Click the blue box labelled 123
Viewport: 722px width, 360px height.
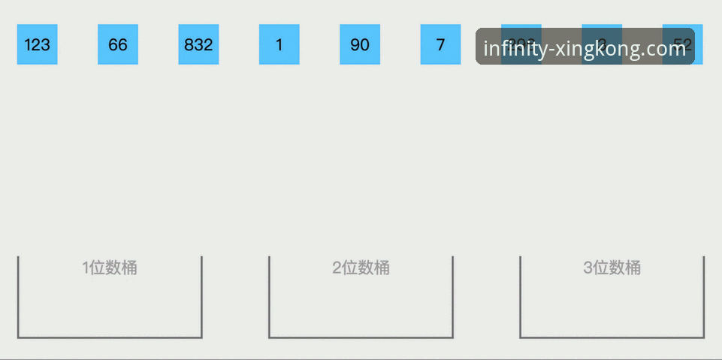(37, 44)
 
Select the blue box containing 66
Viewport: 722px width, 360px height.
(118, 44)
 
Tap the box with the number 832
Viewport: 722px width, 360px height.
(198, 44)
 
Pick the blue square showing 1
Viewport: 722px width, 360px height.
(279, 44)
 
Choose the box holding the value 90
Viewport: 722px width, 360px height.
(360, 44)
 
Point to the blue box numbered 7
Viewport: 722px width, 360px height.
(440, 44)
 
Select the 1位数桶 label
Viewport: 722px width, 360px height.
(110, 268)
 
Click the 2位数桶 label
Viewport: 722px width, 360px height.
(361, 268)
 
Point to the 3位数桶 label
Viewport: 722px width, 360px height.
(612, 268)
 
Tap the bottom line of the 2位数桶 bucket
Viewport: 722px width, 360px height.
(361, 337)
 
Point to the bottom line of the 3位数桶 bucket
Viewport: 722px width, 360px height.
(612, 337)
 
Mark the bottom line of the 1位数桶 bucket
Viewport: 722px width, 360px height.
(110, 337)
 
